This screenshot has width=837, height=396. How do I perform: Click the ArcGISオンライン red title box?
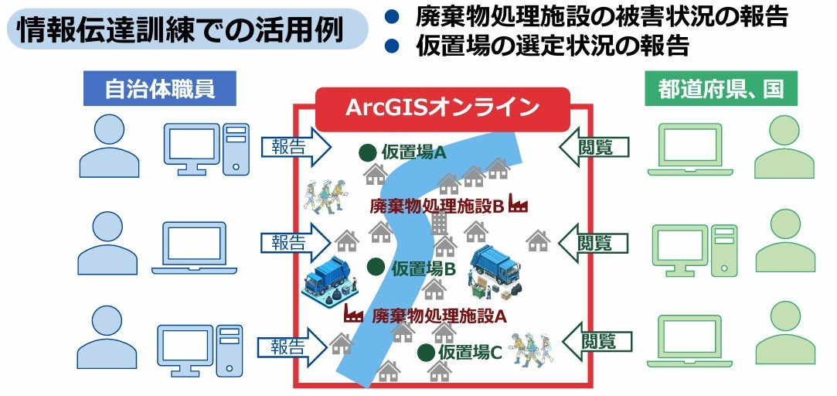click(442, 108)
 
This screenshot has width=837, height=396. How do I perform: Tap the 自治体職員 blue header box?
click(148, 90)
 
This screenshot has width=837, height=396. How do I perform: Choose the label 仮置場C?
click(470, 353)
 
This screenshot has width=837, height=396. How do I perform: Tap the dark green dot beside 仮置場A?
click(368, 152)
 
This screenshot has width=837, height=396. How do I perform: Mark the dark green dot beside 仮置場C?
click(425, 353)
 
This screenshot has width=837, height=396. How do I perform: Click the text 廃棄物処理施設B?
click(437, 207)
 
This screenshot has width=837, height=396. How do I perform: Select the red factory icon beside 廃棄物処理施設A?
click(354, 313)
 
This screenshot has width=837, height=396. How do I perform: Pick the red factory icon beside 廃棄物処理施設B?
click(518, 205)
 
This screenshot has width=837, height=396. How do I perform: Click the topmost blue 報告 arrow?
click(294, 148)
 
